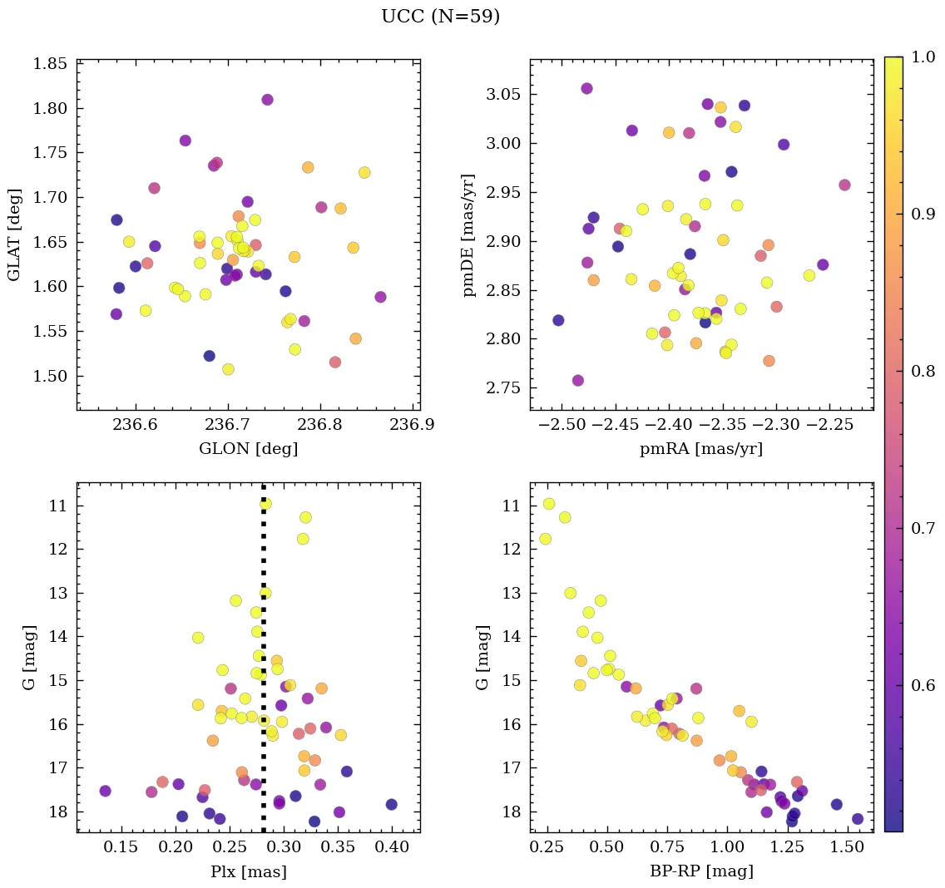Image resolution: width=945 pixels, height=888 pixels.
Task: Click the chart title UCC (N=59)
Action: click(x=440, y=17)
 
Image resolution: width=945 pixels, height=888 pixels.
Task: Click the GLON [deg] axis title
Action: click(x=248, y=449)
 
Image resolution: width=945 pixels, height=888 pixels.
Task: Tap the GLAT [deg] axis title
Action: click(x=15, y=234)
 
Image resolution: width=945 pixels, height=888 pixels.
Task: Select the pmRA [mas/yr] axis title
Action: click(x=700, y=449)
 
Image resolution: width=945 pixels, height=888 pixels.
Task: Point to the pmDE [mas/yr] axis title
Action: click(x=469, y=234)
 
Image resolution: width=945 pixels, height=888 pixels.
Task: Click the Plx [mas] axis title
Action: click(x=248, y=871)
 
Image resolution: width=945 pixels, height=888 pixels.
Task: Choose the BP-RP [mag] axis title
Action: click(x=701, y=871)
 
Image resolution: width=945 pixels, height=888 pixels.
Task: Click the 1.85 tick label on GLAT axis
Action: click(x=49, y=64)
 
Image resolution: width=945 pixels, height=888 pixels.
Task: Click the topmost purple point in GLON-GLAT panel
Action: click(x=267, y=100)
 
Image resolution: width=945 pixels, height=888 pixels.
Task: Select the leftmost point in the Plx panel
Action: click(x=105, y=791)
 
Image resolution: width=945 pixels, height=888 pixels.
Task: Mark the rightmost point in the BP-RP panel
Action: click(x=858, y=819)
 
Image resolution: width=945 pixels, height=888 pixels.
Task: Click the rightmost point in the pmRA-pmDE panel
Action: click(x=844, y=185)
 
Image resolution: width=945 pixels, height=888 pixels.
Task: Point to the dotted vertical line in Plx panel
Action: click(x=264, y=665)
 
